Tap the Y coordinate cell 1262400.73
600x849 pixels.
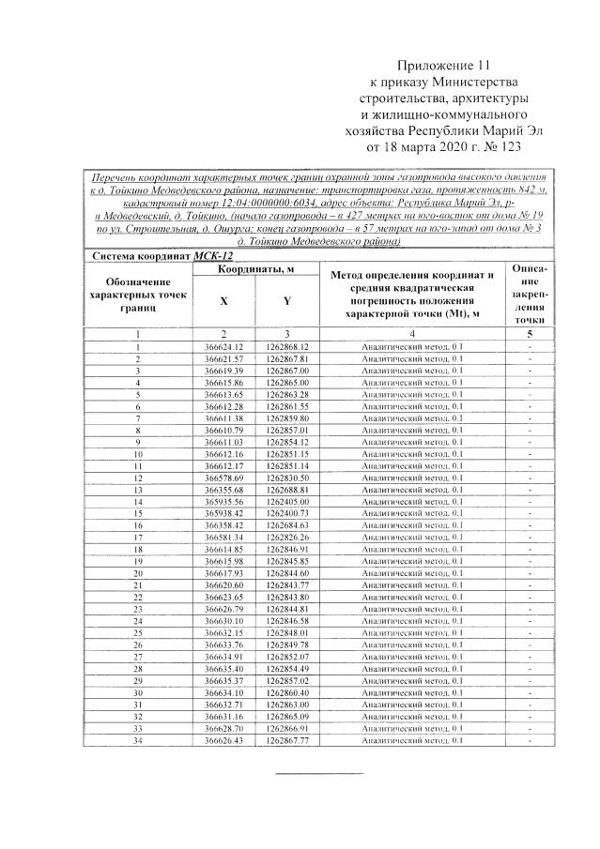coord(287,513)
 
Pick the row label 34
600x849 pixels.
coord(137,740)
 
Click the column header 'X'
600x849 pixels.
coord(223,302)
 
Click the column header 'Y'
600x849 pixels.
coord(287,302)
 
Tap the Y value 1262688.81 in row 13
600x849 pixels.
coord(287,490)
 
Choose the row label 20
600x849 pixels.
coord(137,573)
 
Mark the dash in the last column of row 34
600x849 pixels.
coord(531,740)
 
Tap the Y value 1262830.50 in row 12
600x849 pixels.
coord(287,478)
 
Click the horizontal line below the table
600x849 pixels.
coord(317,774)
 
